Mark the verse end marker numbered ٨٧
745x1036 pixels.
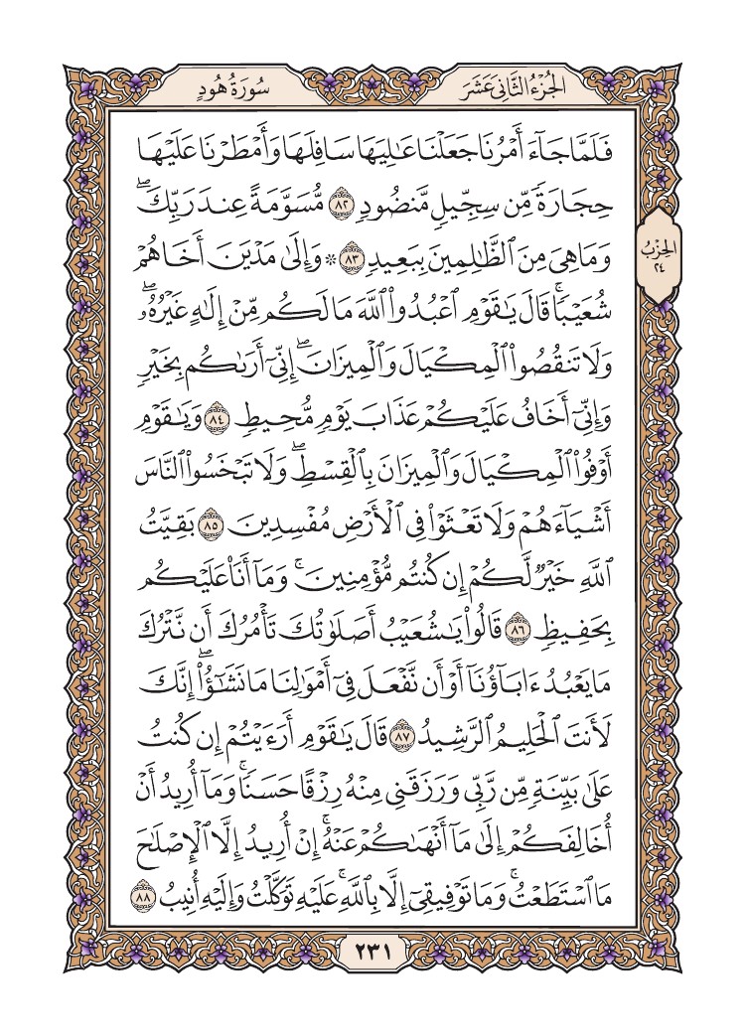click(402, 739)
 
